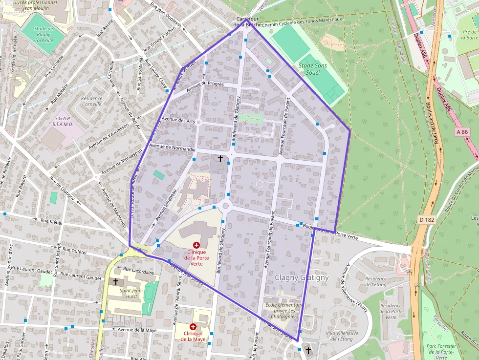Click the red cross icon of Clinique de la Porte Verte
[x=196, y=245]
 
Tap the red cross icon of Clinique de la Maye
[x=193, y=326]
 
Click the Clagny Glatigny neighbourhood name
[x=302, y=277]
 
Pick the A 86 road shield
[x=462, y=132]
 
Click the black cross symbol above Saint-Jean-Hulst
[x=116, y=281]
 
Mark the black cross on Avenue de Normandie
[x=220, y=159]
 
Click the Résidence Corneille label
[x=91, y=101]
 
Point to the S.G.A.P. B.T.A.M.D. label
[x=63, y=121]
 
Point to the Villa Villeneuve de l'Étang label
[x=342, y=336]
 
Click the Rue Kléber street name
[x=52, y=222]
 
